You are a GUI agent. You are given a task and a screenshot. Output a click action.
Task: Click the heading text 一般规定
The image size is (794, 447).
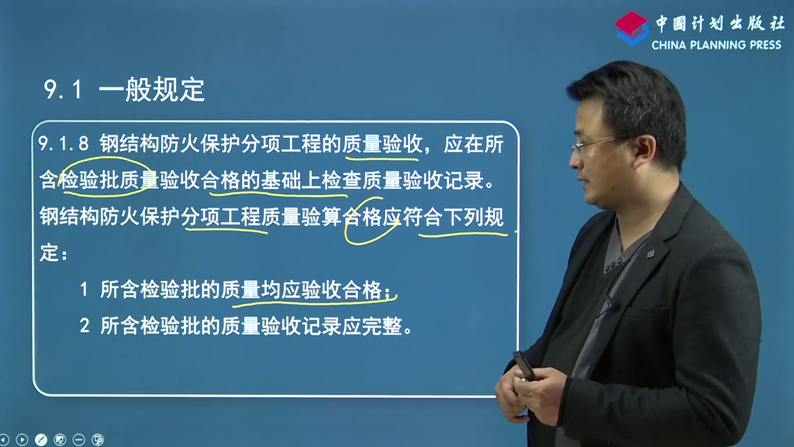[x=151, y=89]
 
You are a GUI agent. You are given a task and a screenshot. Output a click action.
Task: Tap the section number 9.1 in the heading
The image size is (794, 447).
[x=62, y=89]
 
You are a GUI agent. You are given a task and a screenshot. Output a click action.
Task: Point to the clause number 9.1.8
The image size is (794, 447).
[x=63, y=144]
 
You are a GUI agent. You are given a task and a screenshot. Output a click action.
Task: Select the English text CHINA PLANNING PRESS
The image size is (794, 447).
[x=716, y=45]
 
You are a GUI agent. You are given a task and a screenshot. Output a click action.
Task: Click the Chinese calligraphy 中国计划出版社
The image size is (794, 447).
[x=720, y=23]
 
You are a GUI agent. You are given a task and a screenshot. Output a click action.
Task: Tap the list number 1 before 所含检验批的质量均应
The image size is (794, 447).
[x=84, y=289]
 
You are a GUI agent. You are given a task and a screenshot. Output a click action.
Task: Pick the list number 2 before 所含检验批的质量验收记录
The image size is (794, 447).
[x=84, y=326]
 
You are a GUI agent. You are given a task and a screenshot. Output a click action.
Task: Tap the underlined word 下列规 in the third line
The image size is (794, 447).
[x=473, y=216]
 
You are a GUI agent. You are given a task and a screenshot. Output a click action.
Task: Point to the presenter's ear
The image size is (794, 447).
[x=645, y=147]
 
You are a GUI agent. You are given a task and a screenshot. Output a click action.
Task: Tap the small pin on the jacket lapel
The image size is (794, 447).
[x=650, y=254]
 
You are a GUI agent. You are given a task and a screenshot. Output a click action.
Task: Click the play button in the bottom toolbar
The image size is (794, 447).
[x=22, y=440]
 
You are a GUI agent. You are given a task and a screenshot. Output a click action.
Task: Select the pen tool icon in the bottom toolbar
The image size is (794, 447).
[x=41, y=440]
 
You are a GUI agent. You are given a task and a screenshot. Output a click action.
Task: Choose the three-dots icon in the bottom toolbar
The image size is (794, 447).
[x=79, y=440]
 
